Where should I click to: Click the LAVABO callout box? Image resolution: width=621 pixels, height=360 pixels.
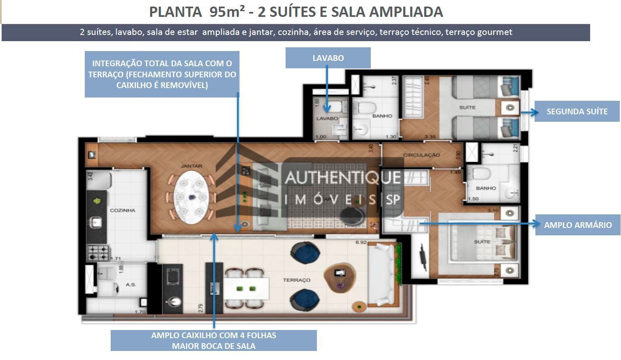pos(328,58)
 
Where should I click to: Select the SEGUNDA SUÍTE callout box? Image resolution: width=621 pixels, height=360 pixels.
pos(577,111)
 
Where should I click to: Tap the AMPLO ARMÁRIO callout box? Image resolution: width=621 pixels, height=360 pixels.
pos(577,225)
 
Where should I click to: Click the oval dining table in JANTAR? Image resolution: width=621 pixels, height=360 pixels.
pos(191,197)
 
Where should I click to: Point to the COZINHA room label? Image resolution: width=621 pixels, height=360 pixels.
pos(123,210)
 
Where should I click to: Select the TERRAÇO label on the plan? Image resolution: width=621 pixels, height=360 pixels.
pos(297,280)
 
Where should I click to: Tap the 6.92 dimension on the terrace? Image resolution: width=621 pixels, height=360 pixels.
pos(361,242)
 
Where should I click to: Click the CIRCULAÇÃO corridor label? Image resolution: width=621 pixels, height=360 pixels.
pos(421,155)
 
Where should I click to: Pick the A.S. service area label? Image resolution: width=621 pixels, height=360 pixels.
pos(131,284)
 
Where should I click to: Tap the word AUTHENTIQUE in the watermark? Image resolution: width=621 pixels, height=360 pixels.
pos(342,178)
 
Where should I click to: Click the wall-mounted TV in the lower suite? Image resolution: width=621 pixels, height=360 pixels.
pos(423,255)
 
